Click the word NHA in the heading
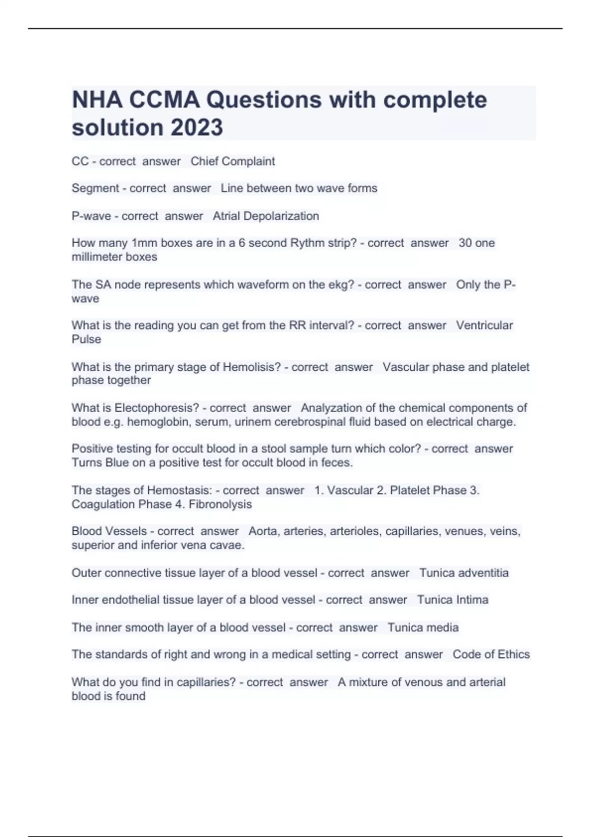[97, 100]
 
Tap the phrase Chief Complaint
[232, 161]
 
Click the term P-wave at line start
[91, 216]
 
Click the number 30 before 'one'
[465, 243]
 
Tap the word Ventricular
[484, 325]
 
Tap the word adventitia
[483, 573]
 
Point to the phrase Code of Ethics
[491, 654]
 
